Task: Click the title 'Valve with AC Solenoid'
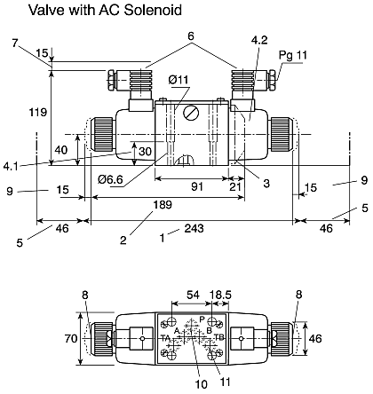pyautogui.click(x=105, y=10)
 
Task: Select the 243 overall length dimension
pyautogui.click(x=194, y=228)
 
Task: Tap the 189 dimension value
pyautogui.click(x=163, y=204)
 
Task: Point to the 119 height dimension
pyautogui.click(x=38, y=112)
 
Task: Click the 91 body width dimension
pyautogui.click(x=197, y=186)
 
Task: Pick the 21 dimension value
pyautogui.click(x=235, y=186)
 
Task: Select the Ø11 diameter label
pyautogui.click(x=179, y=80)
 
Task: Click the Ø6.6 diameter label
pyautogui.click(x=111, y=179)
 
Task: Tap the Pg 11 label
pyautogui.click(x=293, y=55)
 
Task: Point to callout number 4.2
pyautogui.click(x=259, y=40)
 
